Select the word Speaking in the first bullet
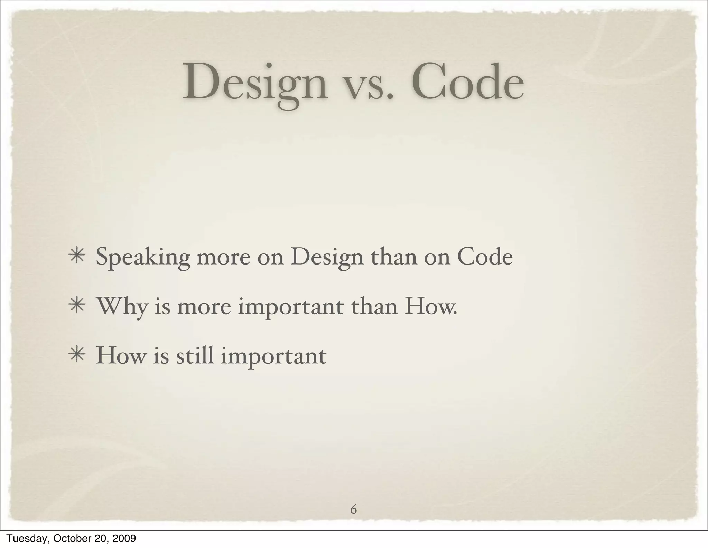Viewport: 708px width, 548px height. pyautogui.click(x=143, y=258)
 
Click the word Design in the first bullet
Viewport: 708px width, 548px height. pyautogui.click(x=327, y=258)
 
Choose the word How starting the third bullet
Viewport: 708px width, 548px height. pyautogui.click(x=121, y=355)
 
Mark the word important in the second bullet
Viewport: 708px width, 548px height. pyautogui.click(x=291, y=307)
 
